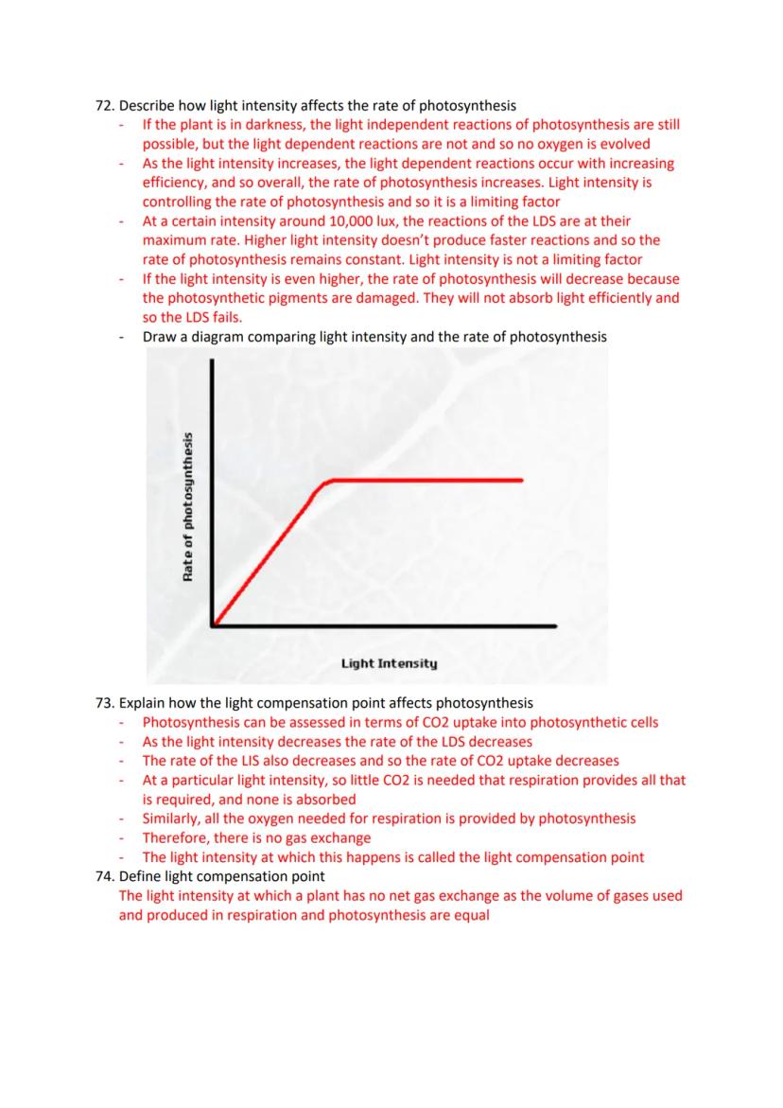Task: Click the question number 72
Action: tap(104, 105)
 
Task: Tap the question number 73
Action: tap(104, 703)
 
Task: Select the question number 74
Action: tap(104, 876)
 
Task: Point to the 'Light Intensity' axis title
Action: tap(389, 663)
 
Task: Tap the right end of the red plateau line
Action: tap(522, 480)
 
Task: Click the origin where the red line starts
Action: tap(215, 624)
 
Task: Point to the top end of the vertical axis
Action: tap(214, 364)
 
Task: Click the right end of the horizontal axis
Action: tap(555, 625)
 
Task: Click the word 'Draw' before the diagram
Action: tap(160, 337)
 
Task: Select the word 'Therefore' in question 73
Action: tap(176, 837)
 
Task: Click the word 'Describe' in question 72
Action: tap(149, 105)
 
